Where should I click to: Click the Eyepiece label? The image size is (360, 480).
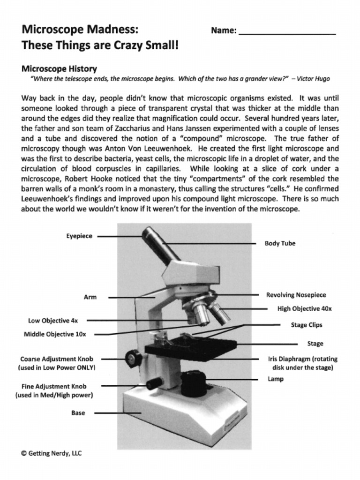[79, 236]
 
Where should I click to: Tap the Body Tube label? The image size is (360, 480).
[280, 243]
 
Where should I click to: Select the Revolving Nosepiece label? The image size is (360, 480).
[296, 295]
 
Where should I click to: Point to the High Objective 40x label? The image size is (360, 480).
[304, 309]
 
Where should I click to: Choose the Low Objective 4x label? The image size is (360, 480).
[53, 321]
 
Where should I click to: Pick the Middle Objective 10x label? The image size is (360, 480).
[55, 334]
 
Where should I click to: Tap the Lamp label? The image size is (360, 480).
[276, 379]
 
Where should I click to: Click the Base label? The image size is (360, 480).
[78, 413]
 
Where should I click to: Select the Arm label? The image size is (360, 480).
[90, 297]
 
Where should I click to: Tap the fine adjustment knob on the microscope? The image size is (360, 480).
[154, 383]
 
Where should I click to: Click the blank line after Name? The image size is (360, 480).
[287, 31]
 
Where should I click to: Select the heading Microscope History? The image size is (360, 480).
[59, 68]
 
